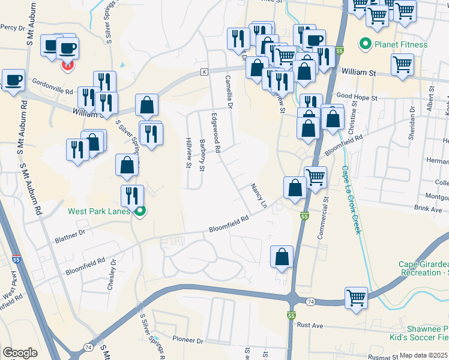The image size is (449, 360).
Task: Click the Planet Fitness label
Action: [401, 44]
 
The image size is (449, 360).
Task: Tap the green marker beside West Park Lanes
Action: [140, 211]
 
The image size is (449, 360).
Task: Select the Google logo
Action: [20, 353]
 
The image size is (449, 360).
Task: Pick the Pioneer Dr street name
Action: [187, 340]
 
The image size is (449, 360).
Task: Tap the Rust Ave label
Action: [310, 325]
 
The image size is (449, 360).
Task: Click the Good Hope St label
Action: [357, 97]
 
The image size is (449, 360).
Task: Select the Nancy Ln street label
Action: [259, 196]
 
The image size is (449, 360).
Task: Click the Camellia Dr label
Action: [229, 91]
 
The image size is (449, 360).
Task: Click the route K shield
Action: [204, 72]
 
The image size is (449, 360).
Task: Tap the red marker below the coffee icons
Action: [67, 65]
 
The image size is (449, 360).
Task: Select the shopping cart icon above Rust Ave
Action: [356, 298]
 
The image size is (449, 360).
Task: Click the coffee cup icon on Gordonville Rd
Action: [13, 80]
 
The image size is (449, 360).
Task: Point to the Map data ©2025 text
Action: [424, 355]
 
